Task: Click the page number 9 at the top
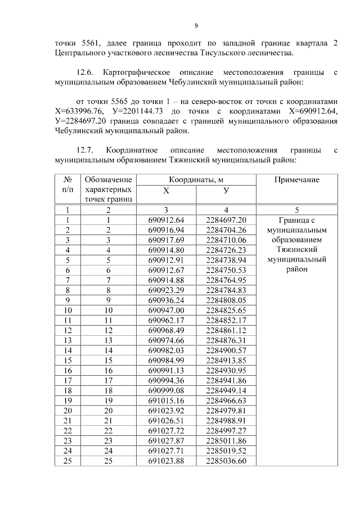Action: coord(196,25)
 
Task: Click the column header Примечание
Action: coord(296,179)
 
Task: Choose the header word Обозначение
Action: coord(109,179)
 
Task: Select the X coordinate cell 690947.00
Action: coord(166,310)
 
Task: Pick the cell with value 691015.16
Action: coord(166,400)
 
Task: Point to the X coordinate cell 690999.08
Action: coord(166,390)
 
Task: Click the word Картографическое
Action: coord(139,73)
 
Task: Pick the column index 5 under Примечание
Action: coord(296,210)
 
